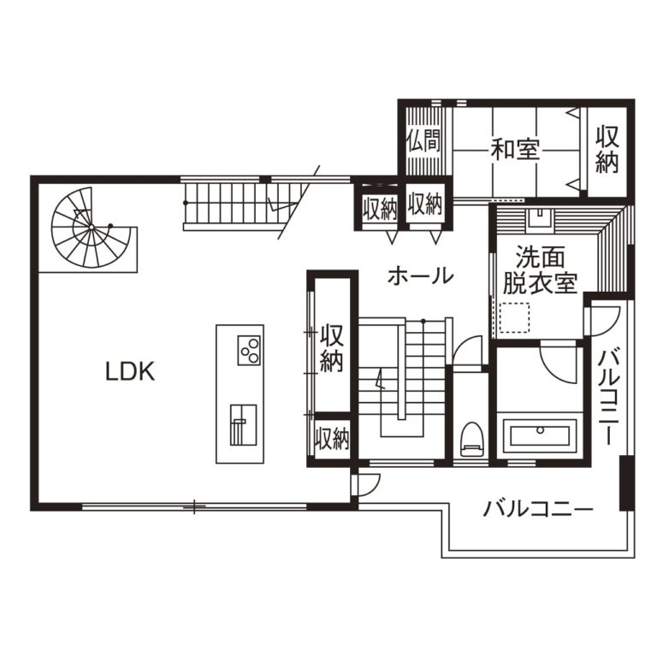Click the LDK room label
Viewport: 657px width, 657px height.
(x=130, y=371)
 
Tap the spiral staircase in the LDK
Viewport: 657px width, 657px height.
(x=92, y=228)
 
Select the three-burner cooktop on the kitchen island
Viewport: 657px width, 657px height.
(x=249, y=350)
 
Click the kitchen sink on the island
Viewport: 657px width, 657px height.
(x=243, y=425)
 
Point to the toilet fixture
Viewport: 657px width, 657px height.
(x=471, y=439)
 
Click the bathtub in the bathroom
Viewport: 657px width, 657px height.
(x=540, y=435)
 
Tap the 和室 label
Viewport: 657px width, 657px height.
(x=515, y=149)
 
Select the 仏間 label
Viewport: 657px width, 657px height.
(x=423, y=140)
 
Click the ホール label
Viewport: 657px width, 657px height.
(x=420, y=276)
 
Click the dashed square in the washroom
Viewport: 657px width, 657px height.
(x=514, y=317)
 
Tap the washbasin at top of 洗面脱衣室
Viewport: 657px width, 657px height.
(x=540, y=218)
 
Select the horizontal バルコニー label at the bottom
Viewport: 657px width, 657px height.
(x=538, y=509)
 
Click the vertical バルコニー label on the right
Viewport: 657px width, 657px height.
(x=608, y=398)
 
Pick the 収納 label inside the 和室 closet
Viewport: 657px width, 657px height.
(x=607, y=149)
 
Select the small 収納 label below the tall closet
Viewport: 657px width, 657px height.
(x=332, y=438)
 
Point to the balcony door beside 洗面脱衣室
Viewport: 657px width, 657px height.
(x=603, y=322)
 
